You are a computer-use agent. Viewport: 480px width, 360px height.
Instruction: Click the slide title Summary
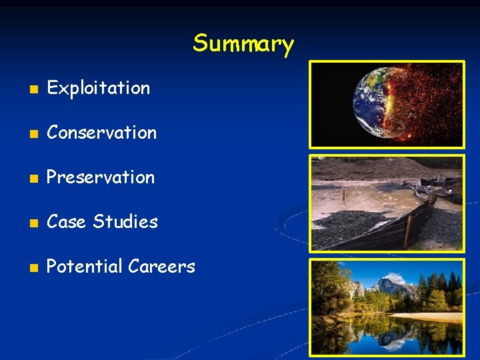tap(243, 44)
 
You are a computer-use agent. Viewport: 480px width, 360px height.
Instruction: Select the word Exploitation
tap(99, 88)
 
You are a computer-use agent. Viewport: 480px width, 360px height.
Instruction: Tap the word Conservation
tap(101, 133)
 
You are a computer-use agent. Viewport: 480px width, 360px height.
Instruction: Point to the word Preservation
tap(101, 177)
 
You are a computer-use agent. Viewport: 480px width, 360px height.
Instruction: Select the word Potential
tap(84, 267)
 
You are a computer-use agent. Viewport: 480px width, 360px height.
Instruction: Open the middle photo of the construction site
tap(387, 203)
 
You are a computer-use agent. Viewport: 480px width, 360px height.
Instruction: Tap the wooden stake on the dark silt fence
tap(408, 230)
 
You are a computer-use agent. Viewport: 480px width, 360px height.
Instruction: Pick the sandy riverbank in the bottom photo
tap(427, 317)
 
